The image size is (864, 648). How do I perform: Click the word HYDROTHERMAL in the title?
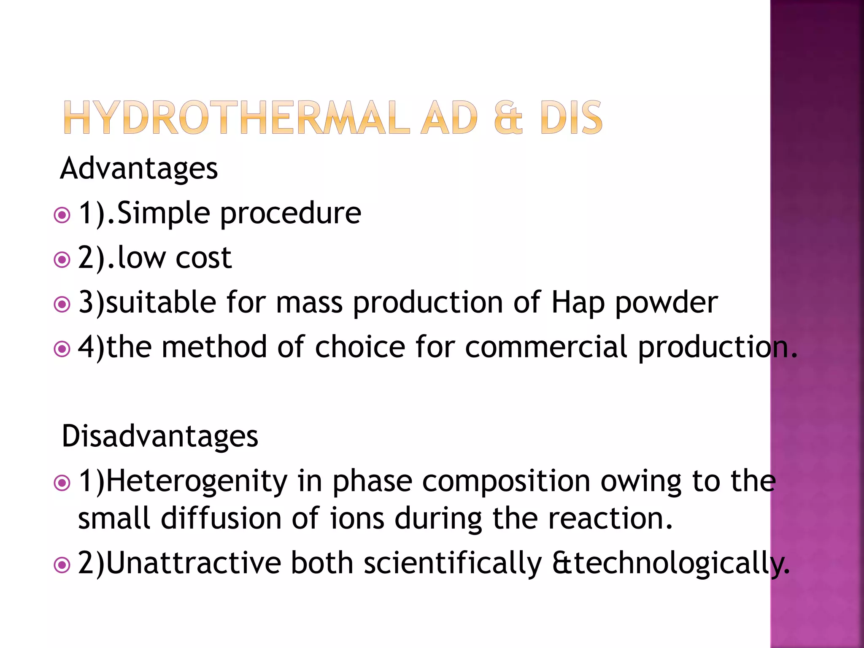tap(236, 118)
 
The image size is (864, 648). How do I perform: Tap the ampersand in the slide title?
tap(508, 118)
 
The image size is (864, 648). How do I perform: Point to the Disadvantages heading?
tap(159, 436)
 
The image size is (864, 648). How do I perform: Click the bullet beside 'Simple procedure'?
tap(62, 215)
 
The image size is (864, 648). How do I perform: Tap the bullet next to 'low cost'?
tap(62, 260)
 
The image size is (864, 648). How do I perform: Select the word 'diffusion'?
tap(221, 518)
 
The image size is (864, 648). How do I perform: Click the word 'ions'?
tap(357, 518)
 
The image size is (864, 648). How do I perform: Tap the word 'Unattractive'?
tap(194, 563)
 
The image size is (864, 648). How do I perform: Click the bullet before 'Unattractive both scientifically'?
tap(62, 565)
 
